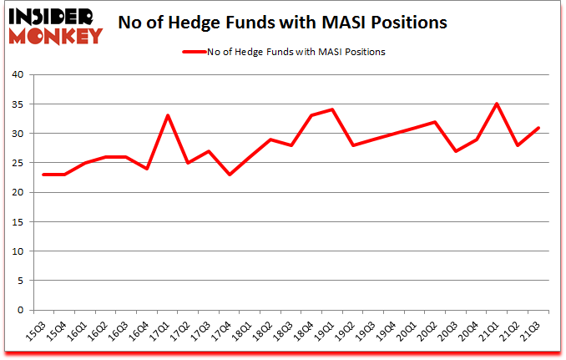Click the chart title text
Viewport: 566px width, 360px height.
point(283,23)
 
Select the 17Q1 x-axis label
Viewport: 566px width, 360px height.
point(163,328)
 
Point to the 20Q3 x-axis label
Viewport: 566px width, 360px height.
point(452,328)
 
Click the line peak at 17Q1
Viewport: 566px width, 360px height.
point(169,115)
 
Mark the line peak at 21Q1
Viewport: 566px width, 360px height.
point(498,104)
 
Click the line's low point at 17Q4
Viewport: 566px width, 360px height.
point(230,174)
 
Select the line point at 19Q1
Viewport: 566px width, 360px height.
point(332,109)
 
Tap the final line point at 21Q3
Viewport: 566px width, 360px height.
point(538,128)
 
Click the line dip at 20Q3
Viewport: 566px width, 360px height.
point(456,150)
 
